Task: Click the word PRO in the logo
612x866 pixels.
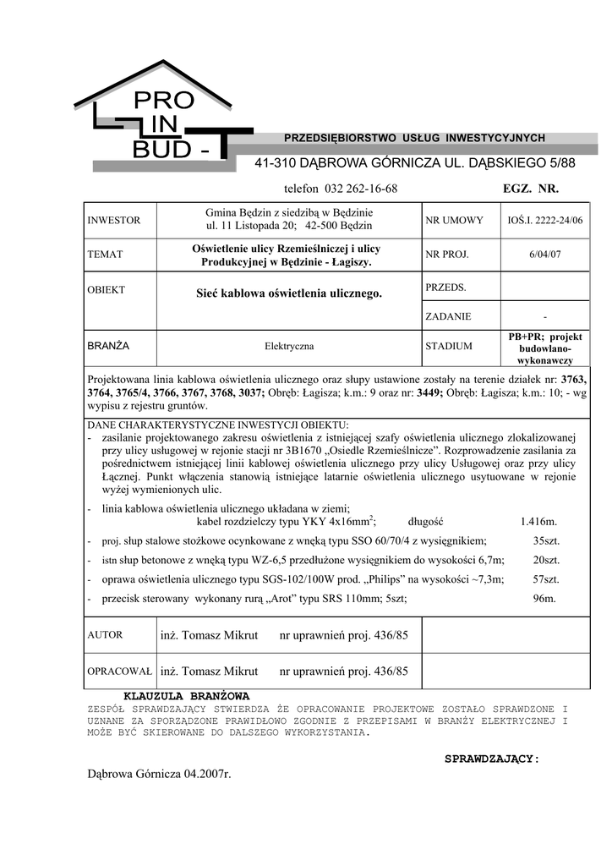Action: click(x=164, y=102)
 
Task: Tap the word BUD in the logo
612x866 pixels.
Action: click(x=161, y=151)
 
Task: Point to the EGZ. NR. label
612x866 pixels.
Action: click(x=531, y=189)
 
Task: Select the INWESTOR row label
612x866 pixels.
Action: click(x=114, y=220)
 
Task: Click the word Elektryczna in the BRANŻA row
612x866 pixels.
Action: click(x=289, y=347)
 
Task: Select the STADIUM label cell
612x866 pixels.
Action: click(x=450, y=347)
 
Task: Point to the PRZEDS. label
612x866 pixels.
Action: click(x=446, y=288)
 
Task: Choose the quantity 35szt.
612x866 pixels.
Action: click(x=546, y=540)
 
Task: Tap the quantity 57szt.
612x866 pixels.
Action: click(x=546, y=579)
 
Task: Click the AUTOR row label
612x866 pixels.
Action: click(x=107, y=634)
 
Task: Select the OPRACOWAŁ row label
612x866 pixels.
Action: click(x=120, y=671)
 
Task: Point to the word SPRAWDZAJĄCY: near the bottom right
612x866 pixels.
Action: click(x=492, y=759)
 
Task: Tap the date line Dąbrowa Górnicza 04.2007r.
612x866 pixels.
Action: click(x=160, y=774)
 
